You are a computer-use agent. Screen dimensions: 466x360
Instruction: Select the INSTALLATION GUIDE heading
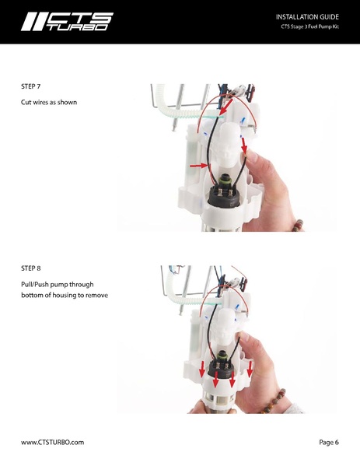click(308, 16)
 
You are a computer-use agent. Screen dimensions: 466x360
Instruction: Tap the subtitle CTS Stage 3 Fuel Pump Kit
click(310, 28)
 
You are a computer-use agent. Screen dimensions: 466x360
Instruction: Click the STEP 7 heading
click(33, 87)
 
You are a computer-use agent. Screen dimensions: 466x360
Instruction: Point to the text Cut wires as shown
click(48, 103)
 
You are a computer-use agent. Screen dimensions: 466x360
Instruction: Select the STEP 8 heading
click(33, 268)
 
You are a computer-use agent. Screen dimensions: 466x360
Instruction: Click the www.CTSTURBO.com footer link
click(52, 442)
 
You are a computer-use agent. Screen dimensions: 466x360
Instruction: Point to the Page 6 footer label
click(328, 442)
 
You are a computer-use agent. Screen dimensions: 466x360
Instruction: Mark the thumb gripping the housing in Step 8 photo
click(247, 342)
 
